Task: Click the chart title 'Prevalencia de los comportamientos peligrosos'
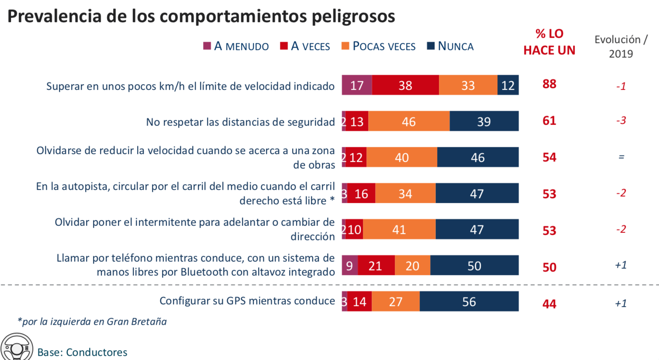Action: [x=201, y=16]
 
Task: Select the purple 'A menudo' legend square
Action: [x=207, y=46]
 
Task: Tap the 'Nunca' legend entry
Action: [x=450, y=46]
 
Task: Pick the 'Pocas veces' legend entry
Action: [x=378, y=46]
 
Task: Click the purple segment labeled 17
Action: [x=357, y=85]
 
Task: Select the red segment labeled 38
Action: [x=405, y=85]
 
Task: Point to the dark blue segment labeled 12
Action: [x=508, y=85]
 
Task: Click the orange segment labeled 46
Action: [x=409, y=121]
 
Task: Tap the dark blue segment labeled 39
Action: [x=484, y=121]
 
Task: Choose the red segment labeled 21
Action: [x=376, y=266]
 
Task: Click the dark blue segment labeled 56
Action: [x=469, y=301]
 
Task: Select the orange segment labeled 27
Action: [x=396, y=301]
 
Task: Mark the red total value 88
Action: [x=549, y=84]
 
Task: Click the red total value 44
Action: [x=549, y=304]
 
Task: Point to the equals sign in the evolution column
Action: [x=621, y=157]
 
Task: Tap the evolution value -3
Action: [x=621, y=120]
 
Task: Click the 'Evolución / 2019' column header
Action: [x=621, y=46]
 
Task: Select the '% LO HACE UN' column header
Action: [x=549, y=42]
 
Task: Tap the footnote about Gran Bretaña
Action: [x=92, y=322]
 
